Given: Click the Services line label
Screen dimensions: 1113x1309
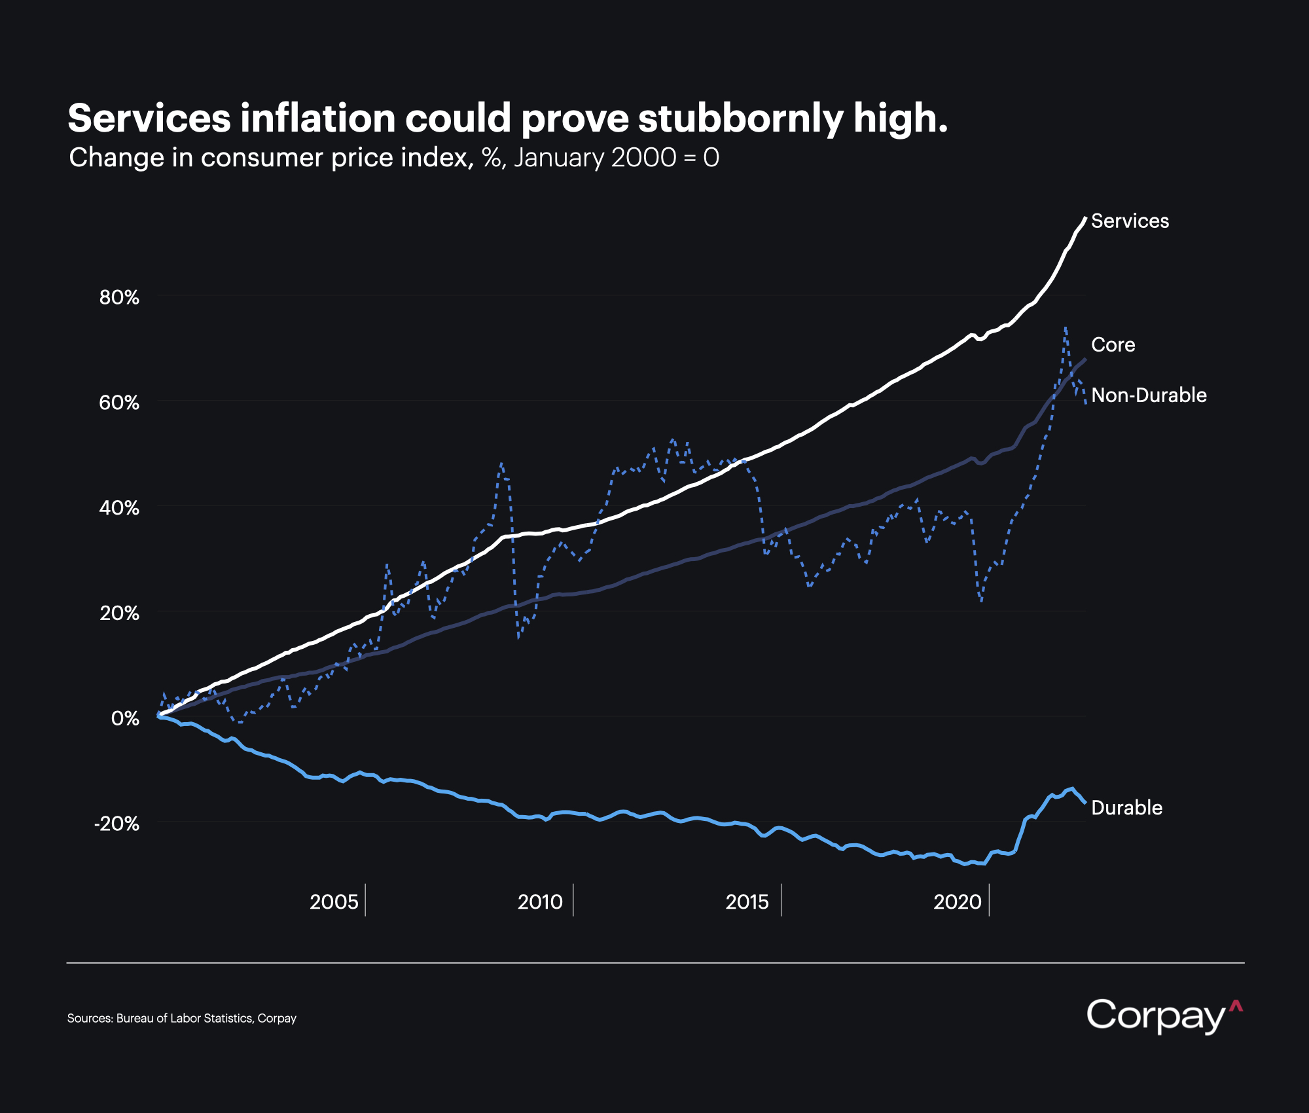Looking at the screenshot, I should click(1130, 221).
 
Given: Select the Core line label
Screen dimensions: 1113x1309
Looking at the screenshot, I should click(1113, 345).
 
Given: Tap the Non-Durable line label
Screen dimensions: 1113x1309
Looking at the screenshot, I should click(1149, 395).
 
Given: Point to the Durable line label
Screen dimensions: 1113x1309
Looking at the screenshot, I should click(1126, 808).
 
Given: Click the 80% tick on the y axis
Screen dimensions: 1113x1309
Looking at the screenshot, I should click(119, 298).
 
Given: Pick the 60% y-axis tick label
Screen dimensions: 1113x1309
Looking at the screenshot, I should click(119, 403).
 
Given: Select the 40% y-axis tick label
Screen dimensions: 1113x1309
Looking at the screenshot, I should click(119, 508).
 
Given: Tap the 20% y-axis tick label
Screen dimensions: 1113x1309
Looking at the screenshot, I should click(119, 613).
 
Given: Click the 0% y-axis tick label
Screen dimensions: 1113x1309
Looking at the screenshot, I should click(125, 719).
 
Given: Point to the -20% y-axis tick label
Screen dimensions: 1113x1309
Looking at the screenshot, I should click(117, 824).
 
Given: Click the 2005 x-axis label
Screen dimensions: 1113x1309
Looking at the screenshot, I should click(334, 902).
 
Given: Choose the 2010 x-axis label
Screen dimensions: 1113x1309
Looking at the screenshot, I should click(540, 902).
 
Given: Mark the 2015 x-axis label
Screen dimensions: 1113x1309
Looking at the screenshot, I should click(747, 902).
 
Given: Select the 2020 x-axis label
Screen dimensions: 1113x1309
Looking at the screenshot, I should click(957, 902).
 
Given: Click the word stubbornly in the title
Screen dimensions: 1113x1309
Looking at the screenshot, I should click(741, 119).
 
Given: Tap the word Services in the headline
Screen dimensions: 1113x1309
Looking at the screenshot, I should click(149, 119).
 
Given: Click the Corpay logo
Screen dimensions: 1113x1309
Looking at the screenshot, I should click(1164, 1016).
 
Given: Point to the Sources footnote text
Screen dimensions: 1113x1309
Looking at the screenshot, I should click(182, 1019).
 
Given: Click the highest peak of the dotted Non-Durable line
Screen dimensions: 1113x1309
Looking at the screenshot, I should click(1066, 327).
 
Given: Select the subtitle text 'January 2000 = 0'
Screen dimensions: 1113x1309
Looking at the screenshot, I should click(616, 158).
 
